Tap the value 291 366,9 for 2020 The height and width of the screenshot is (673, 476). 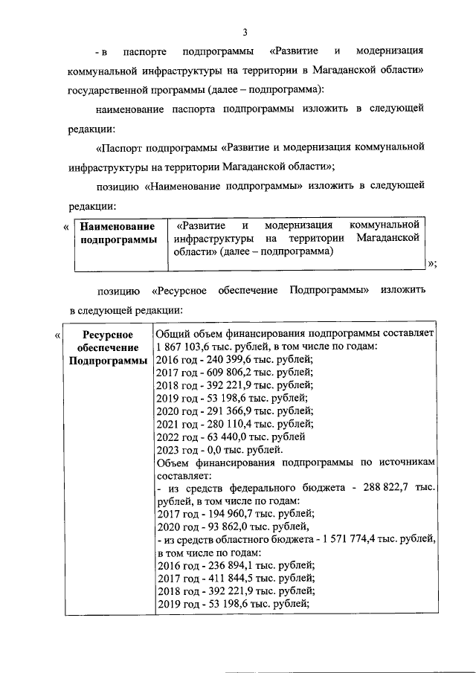pos(226,410)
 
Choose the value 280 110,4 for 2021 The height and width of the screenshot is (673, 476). pos(226,424)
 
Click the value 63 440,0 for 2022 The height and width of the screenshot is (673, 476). pos(223,437)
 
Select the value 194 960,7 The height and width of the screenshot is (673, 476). pos(226,513)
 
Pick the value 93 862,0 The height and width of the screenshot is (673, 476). pos(221,527)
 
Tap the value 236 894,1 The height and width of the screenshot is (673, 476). pos(226,565)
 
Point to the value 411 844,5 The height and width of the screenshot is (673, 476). pos(226,578)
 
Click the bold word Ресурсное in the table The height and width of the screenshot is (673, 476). pos(108,335)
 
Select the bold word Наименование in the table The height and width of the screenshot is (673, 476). pos(118,226)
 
